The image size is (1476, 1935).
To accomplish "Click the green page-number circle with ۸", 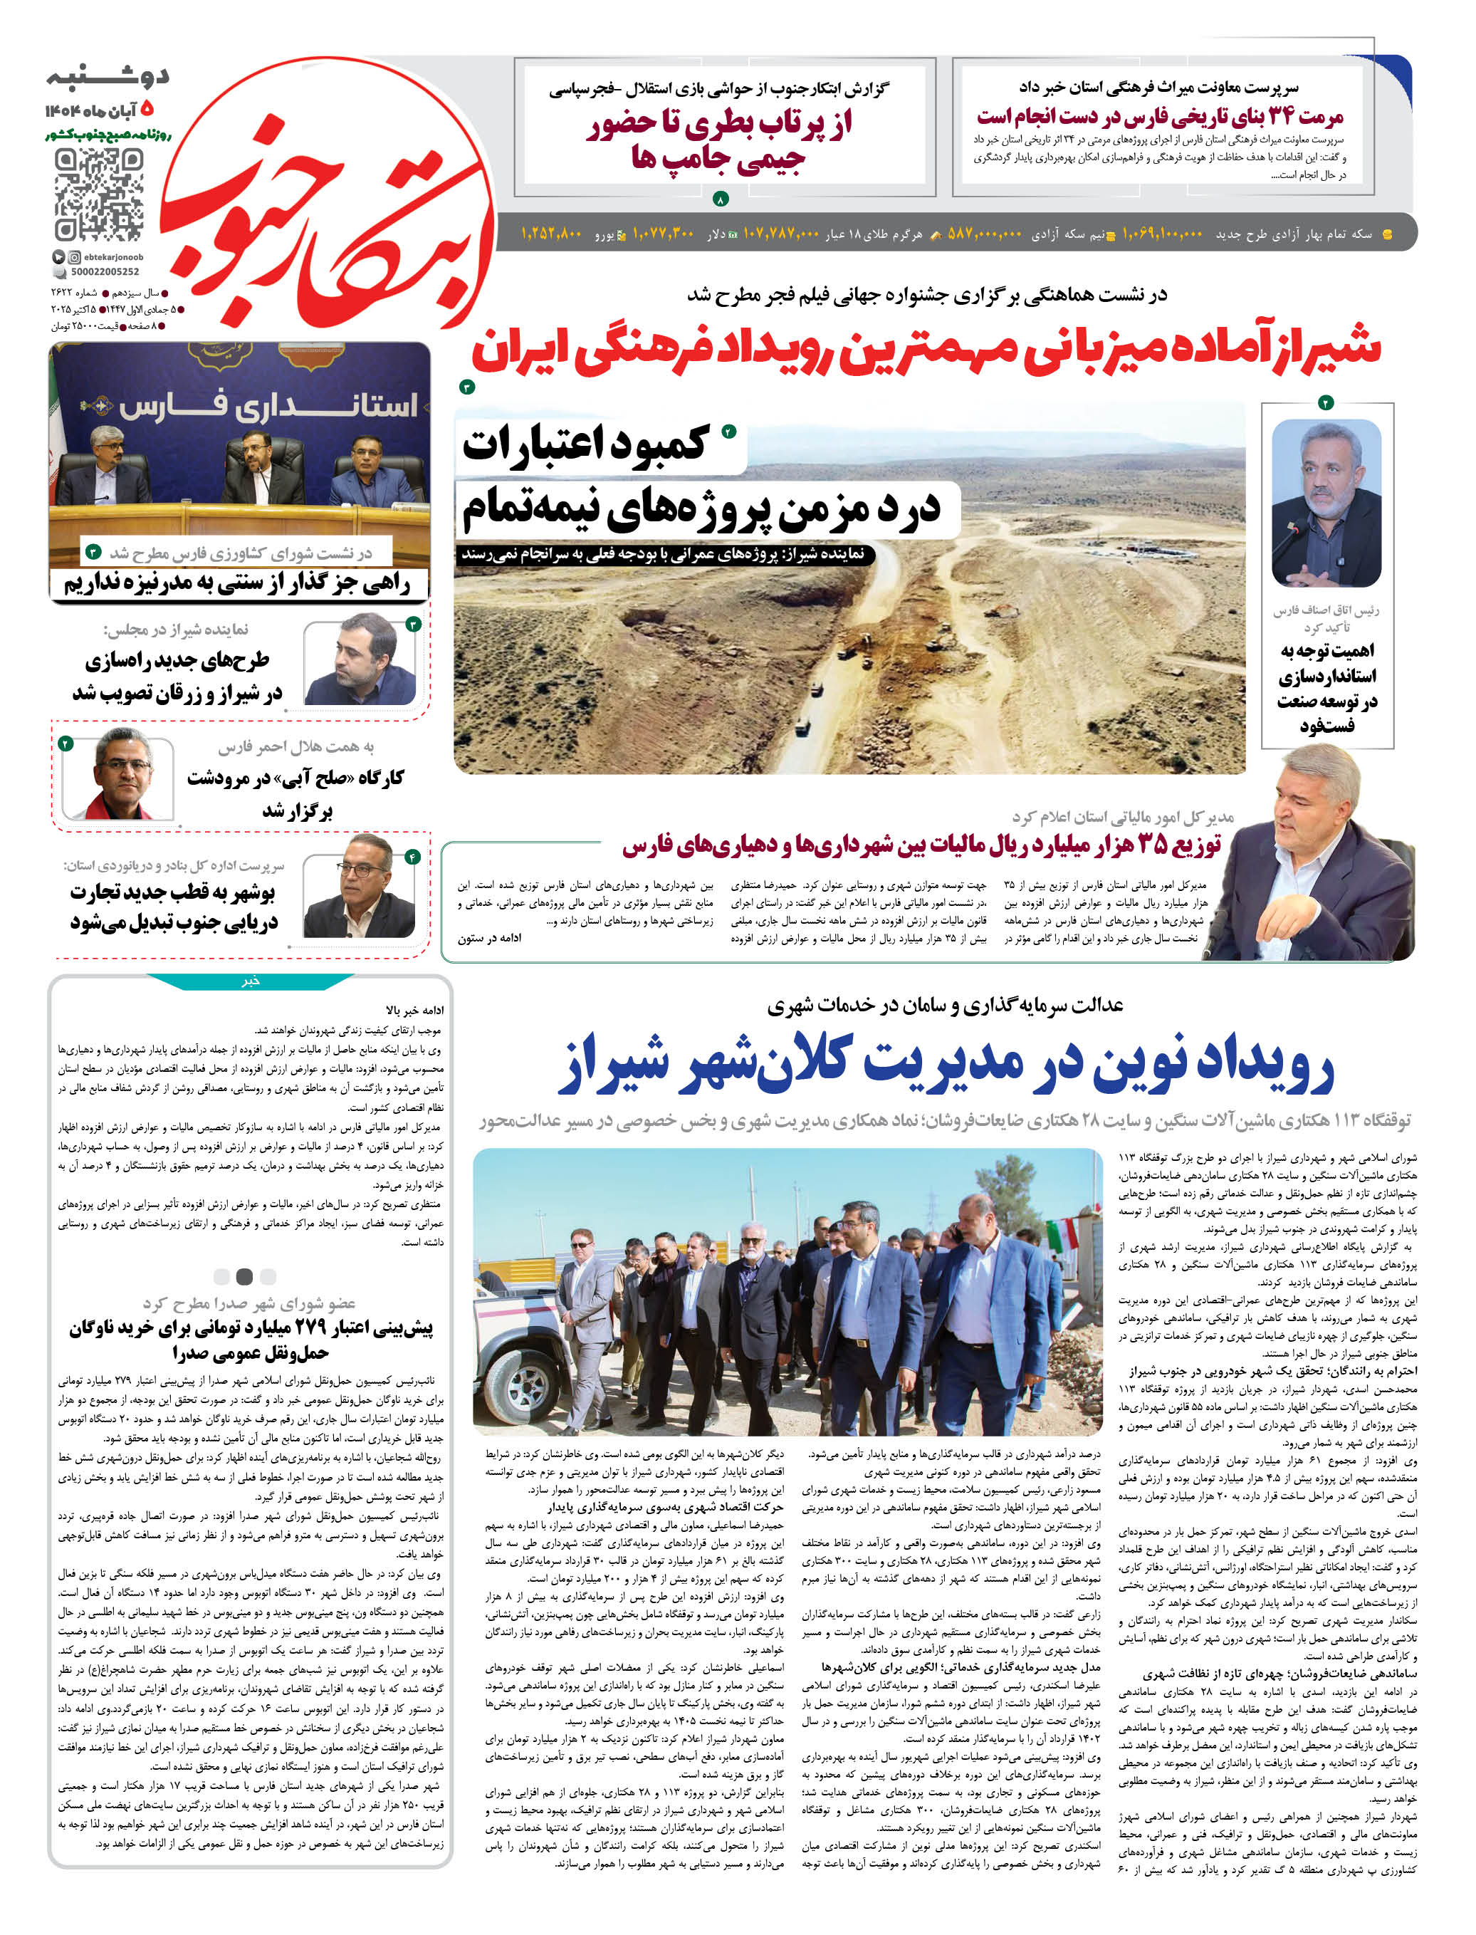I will [x=721, y=200].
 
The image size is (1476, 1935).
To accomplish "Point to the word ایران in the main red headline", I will [x=519, y=350].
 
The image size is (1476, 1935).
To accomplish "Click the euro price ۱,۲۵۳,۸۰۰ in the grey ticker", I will [x=552, y=234].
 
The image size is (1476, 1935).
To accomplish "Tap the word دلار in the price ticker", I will [x=717, y=234].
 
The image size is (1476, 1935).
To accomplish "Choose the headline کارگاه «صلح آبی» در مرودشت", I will [x=295, y=778].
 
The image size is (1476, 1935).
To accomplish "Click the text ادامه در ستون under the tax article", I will [x=489, y=939].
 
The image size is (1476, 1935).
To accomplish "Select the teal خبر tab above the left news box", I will [x=251, y=981].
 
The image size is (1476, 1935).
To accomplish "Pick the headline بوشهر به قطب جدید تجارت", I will [x=172, y=893].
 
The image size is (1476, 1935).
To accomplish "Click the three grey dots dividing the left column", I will [x=244, y=1276].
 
